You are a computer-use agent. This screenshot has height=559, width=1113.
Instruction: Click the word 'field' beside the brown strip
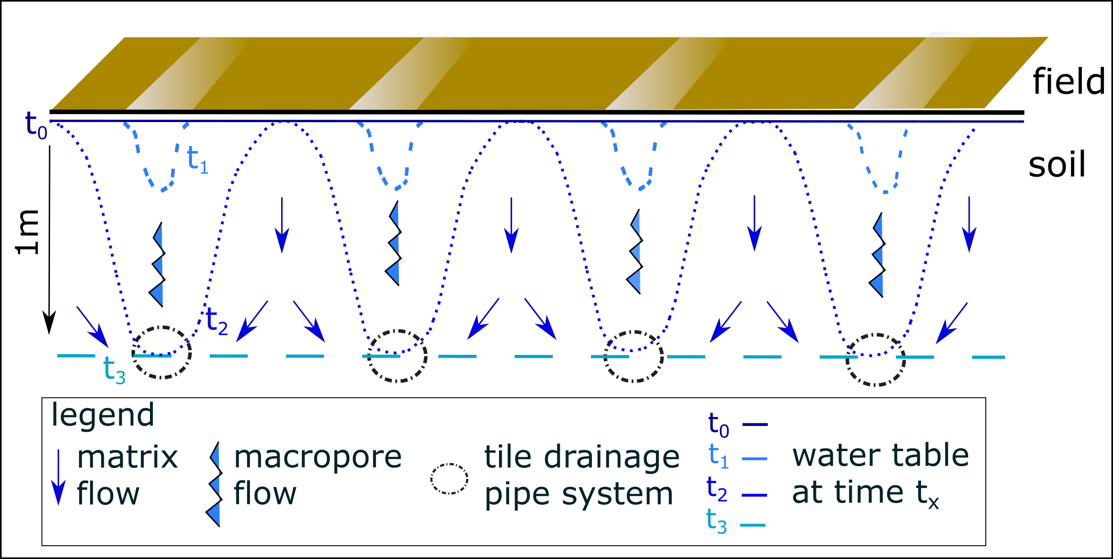(1069, 82)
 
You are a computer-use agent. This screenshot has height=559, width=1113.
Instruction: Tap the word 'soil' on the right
(1057, 165)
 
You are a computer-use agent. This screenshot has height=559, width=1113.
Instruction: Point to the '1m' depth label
(27, 232)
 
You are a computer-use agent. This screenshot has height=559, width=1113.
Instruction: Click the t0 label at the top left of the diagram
(36, 125)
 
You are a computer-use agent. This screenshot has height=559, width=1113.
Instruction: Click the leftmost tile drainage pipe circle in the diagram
(162, 352)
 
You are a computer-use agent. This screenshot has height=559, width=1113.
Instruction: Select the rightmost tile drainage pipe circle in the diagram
(875, 360)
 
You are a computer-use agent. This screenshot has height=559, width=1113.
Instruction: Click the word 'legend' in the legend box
(103, 415)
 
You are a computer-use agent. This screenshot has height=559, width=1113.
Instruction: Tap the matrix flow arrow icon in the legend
(58, 477)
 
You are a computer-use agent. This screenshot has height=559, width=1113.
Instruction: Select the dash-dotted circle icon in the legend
(449, 479)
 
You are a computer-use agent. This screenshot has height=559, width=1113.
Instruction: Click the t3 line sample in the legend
(753, 525)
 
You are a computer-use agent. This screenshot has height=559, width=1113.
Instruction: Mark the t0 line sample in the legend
(755, 425)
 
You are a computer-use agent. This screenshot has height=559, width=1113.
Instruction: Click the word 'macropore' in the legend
(318, 457)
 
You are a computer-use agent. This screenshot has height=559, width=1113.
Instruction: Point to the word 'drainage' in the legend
(612, 457)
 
